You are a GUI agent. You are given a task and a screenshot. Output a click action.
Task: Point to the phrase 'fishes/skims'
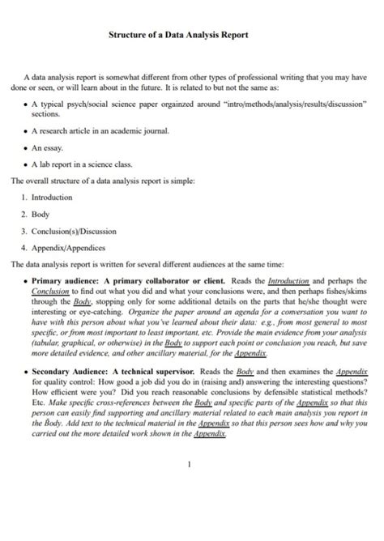pyautogui.click(x=343, y=289)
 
